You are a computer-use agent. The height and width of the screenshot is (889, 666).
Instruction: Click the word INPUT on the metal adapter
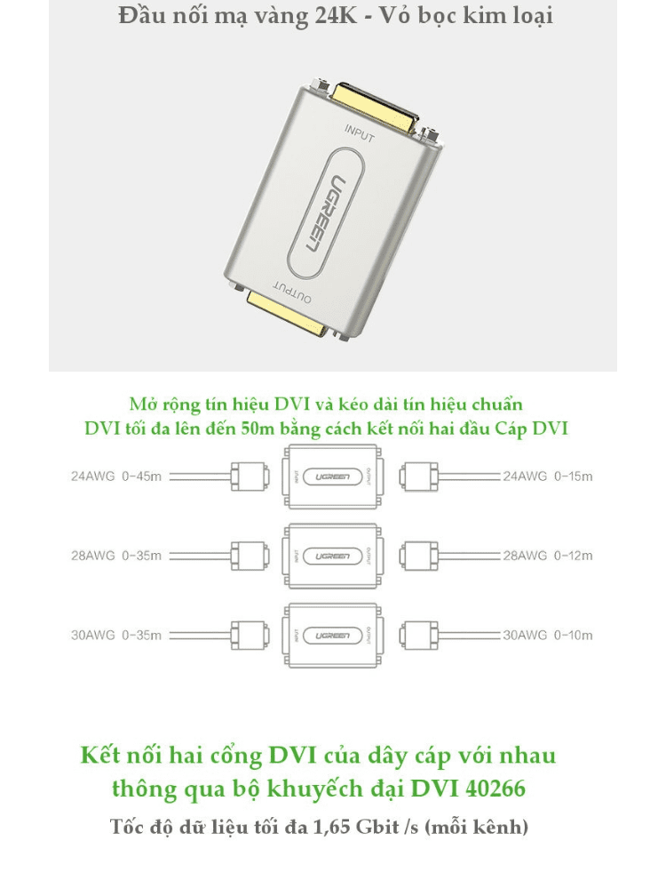click(x=359, y=133)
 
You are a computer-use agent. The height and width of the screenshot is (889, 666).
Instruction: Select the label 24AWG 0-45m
click(x=116, y=477)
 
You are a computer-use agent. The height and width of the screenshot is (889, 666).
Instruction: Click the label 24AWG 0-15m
click(x=547, y=477)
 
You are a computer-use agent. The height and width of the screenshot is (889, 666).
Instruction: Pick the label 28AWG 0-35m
click(x=116, y=556)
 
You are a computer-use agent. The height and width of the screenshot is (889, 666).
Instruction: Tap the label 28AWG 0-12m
click(x=547, y=556)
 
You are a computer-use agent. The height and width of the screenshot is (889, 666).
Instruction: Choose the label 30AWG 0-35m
click(x=116, y=636)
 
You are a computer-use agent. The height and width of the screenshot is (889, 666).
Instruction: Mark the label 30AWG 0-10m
click(x=547, y=636)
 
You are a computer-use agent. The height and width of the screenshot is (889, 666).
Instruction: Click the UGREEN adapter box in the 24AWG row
click(x=332, y=477)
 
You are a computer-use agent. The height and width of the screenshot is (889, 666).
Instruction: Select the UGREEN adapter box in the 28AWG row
click(x=332, y=556)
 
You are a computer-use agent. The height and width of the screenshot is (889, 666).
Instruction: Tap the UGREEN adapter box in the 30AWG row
click(x=332, y=636)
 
